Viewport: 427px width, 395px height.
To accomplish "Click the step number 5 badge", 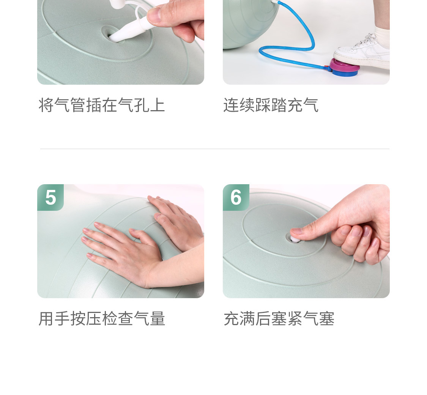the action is coord(50,197).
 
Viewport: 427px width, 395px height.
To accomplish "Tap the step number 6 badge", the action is coord(236,197).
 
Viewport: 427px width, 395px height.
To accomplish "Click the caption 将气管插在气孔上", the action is coord(102,105).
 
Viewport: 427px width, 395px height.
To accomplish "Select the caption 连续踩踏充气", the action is coord(271,105).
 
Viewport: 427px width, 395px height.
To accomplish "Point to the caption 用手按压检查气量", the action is coord(102,318).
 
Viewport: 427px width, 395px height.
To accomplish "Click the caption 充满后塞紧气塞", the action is coord(279,318).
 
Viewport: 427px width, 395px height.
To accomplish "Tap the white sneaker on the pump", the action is coord(362,51).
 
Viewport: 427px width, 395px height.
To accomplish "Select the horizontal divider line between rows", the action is coord(214,149).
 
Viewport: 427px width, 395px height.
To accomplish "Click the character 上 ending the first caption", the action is coord(157,105).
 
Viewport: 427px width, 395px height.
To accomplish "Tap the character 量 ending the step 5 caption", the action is coord(157,318).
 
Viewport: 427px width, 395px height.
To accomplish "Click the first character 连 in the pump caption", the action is coord(231,105).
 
